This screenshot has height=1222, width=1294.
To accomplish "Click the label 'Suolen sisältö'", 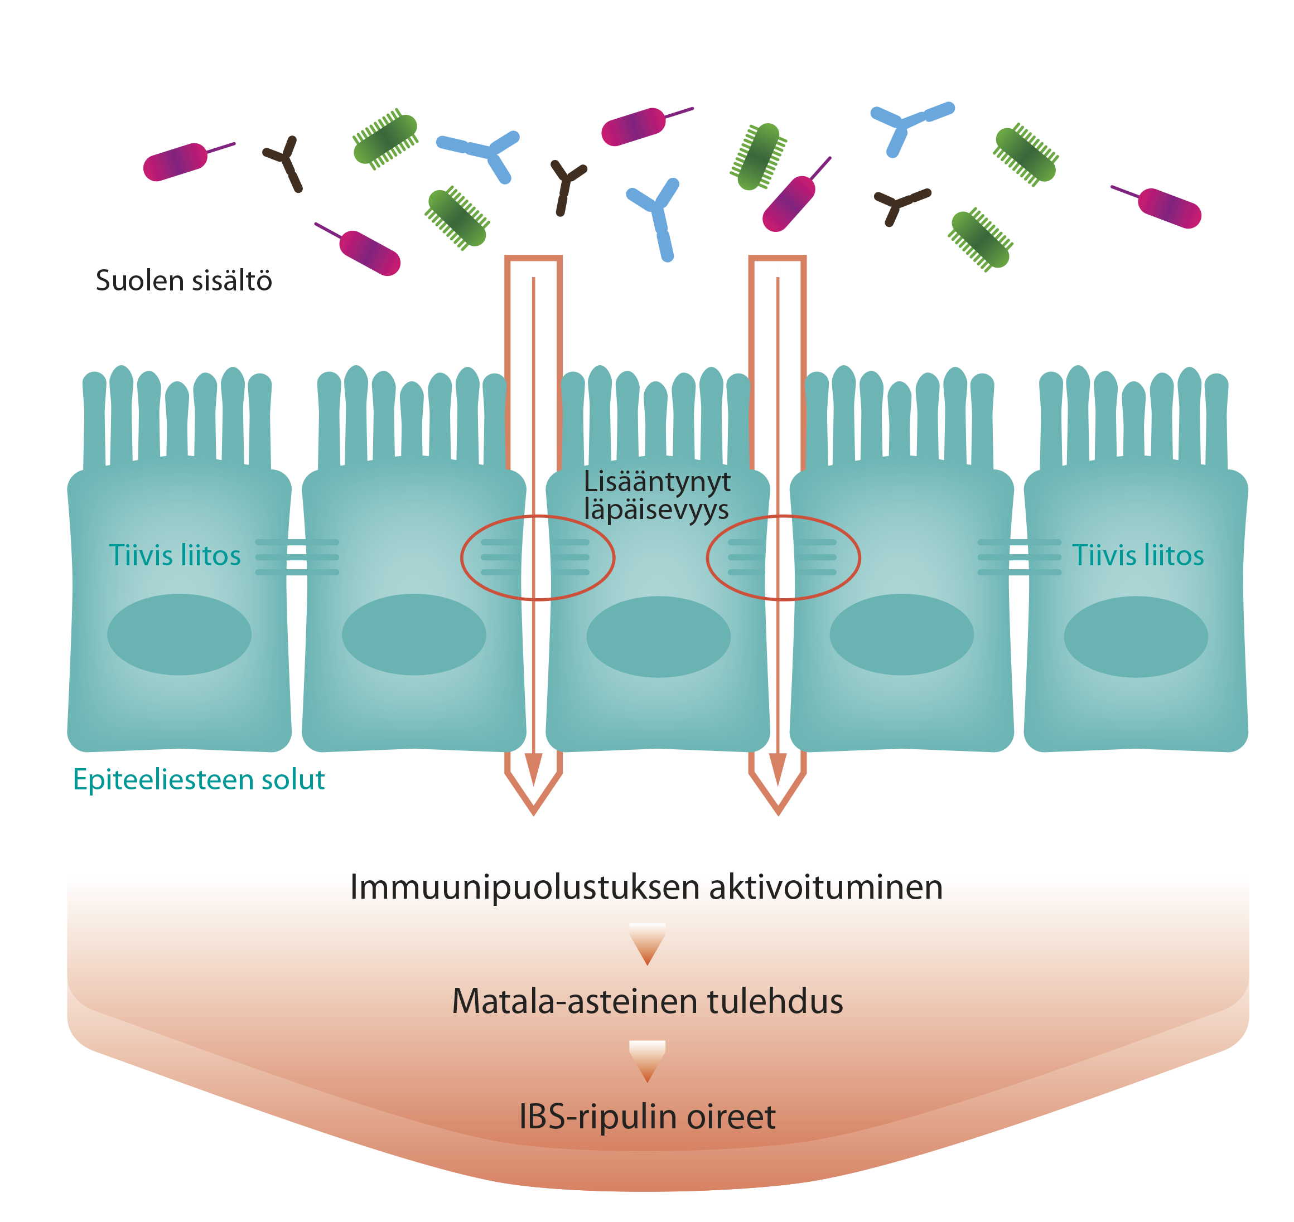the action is click(x=184, y=281).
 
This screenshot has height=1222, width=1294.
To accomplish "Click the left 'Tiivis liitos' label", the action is click(x=175, y=556).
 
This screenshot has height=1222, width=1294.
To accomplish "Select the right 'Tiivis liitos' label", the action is click(x=1138, y=556).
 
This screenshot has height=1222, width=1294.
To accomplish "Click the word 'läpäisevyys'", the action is click(x=656, y=510).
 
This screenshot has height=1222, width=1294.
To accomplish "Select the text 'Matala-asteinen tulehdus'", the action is click(x=647, y=1001).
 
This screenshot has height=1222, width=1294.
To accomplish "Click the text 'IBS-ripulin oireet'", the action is click(x=647, y=1117).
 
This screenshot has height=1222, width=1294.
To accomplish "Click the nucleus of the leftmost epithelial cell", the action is click(x=179, y=634).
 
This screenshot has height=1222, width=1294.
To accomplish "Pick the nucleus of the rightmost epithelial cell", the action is click(x=1136, y=637).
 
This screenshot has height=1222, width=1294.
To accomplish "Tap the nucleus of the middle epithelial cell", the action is click(x=658, y=637).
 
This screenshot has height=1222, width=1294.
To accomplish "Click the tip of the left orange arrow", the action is click(x=534, y=815).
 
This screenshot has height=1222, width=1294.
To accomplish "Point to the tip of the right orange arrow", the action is click(x=778, y=815).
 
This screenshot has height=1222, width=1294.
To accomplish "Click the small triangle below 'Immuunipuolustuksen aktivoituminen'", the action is click(x=647, y=944).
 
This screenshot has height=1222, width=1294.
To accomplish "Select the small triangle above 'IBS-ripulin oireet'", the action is click(x=647, y=1061).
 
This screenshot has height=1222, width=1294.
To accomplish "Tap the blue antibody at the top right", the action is click(x=910, y=127).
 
